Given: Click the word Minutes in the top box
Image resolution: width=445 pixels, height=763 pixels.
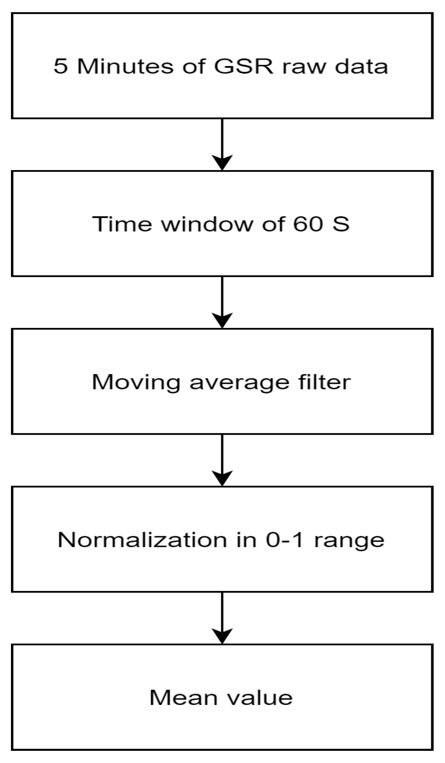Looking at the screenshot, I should tap(125, 66).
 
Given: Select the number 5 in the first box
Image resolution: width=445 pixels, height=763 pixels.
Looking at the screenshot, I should tap(60, 66).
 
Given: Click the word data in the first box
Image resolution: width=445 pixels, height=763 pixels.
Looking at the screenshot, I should tap(361, 66).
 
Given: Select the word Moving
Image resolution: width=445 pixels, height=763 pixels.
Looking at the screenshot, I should tap(136, 382).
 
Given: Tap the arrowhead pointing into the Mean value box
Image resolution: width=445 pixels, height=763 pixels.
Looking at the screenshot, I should tap(222, 636).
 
